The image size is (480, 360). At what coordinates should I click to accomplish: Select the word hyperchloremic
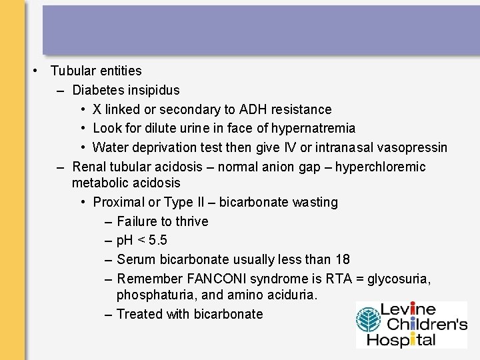pos(380,167)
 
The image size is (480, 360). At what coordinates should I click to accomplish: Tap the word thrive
pos(192,221)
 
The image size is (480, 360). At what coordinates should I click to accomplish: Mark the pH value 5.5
pos(158,240)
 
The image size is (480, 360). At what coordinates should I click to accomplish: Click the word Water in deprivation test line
pos(110,147)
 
